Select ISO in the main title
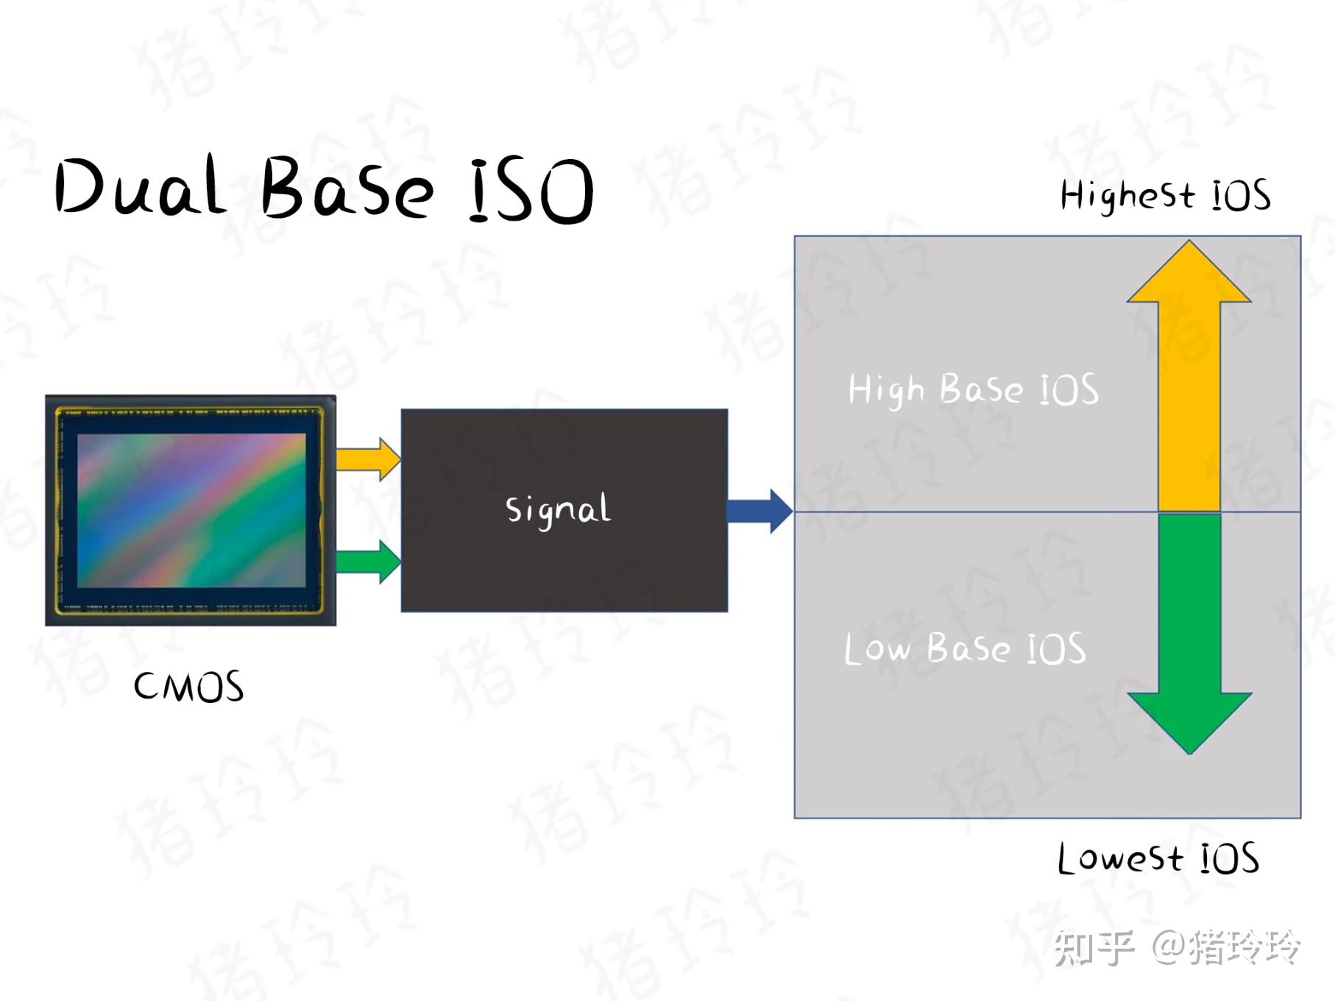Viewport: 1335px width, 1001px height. click(531, 190)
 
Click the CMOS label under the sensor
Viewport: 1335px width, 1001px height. click(188, 687)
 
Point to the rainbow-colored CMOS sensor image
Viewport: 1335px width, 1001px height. click(191, 510)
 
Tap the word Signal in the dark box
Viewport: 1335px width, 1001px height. click(558, 509)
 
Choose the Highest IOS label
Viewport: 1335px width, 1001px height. click(1165, 196)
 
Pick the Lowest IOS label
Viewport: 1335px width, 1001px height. click(1158, 859)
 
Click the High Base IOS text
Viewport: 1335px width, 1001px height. click(973, 389)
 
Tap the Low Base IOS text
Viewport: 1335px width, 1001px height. click(965, 648)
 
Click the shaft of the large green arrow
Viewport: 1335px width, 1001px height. click(1189, 604)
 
